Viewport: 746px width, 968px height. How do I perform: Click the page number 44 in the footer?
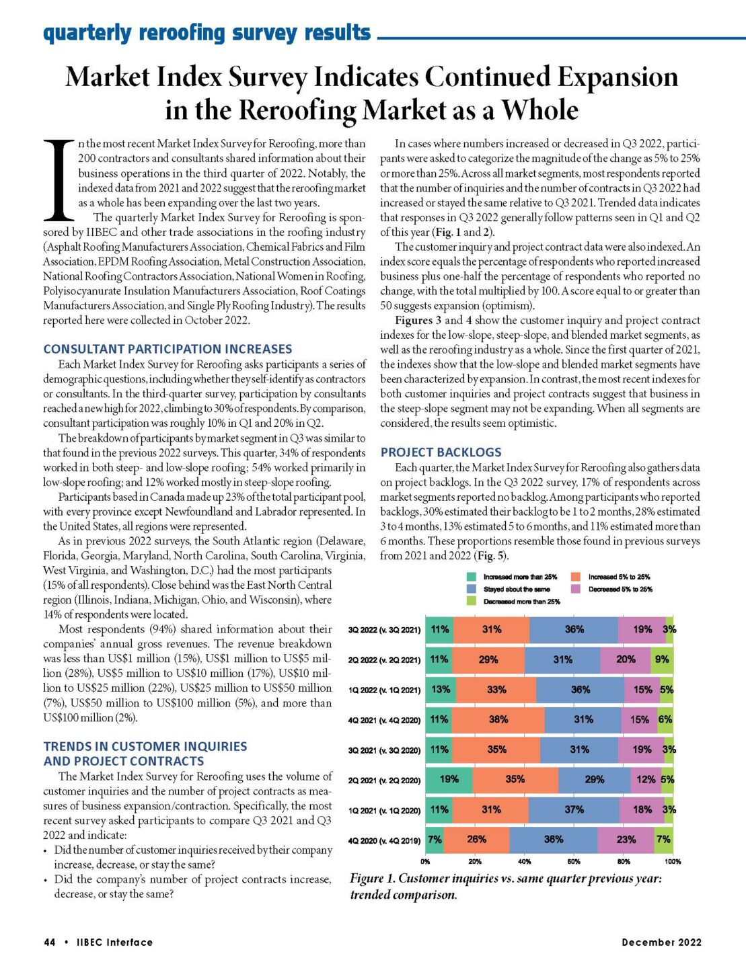[x=50, y=942]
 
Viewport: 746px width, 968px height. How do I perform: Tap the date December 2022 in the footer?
[x=661, y=942]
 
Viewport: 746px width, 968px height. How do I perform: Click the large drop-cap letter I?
[x=59, y=180]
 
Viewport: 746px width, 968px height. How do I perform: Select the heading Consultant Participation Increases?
[x=167, y=349]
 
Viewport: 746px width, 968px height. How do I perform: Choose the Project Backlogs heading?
[x=441, y=452]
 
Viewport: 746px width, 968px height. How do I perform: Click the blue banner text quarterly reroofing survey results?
[x=207, y=32]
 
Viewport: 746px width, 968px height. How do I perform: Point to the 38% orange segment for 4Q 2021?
[x=498, y=719]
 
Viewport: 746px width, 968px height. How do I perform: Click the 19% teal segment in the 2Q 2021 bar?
[x=449, y=779]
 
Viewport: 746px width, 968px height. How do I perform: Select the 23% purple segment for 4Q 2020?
[x=626, y=839]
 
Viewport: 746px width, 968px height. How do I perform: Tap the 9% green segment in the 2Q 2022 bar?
[x=662, y=659]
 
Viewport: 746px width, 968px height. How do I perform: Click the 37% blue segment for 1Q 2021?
[x=574, y=809]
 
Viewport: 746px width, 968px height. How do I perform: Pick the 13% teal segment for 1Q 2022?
[x=441, y=689]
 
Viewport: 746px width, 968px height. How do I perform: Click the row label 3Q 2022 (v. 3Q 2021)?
[x=384, y=630]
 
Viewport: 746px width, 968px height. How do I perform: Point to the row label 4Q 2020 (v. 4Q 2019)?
[x=384, y=840]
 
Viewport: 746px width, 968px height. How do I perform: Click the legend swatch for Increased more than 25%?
[x=471, y=577]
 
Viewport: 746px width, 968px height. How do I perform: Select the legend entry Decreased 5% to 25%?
[x=619, y=589]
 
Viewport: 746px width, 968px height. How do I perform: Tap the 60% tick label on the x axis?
[x=574, y=861]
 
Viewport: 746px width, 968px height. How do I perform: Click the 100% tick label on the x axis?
[x=672, y=861]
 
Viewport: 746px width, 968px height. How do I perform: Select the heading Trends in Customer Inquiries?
[x=145, y=746]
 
